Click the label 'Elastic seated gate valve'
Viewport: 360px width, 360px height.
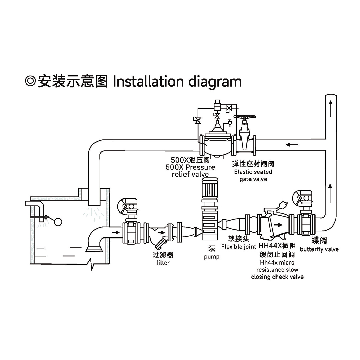[x=253, y=176]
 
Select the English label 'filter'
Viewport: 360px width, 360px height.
[x=163, y=263]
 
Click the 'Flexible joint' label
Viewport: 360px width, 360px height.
[x=239, y=247]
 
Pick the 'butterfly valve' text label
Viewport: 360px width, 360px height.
[x=319, y=249]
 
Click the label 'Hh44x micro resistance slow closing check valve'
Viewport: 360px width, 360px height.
[x=277, y=270]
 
